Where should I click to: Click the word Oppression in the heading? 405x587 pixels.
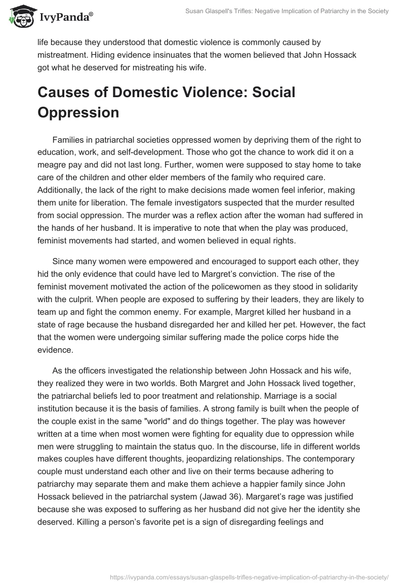tap(78, 112)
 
